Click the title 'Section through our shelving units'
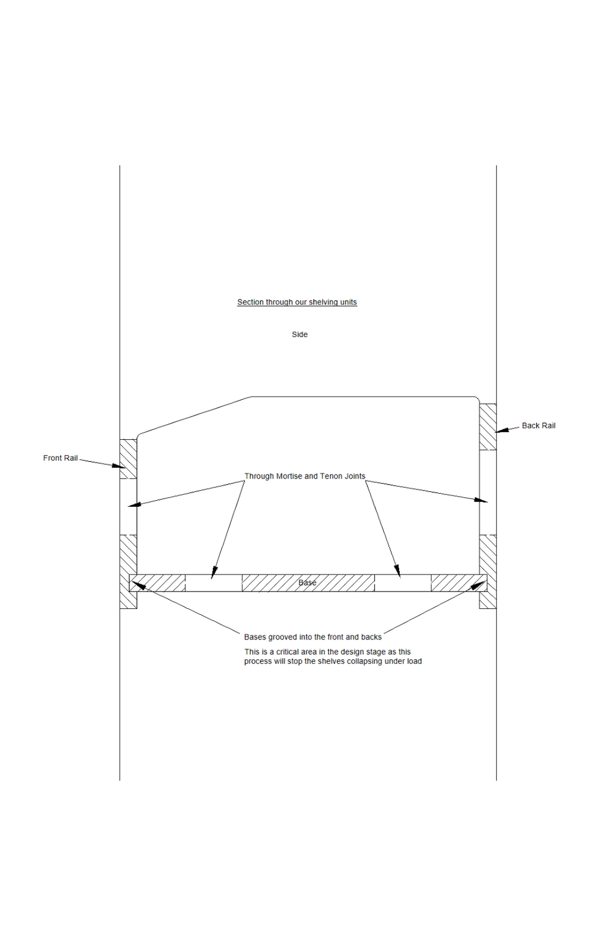coord(297,302)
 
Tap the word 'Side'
coord(299,335)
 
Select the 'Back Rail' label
coord(538,425)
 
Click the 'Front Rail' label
coord(60,458)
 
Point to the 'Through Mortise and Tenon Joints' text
coord(305,476)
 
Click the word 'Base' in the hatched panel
coord(307,583)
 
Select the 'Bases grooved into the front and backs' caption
coord(313,637)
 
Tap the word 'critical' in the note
coord(287,651)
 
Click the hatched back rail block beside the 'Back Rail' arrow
coord(488,427)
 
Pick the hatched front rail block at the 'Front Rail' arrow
coord(128,459)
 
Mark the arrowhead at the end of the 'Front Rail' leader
coord(119,466)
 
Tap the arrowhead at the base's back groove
coord(478,585)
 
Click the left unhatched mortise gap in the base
coord(214,583)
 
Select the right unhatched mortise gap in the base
coord(402,583)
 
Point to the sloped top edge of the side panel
coord(194,415)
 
